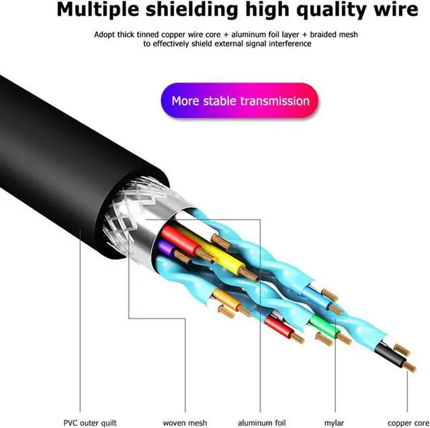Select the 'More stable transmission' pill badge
coord(240,101)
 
